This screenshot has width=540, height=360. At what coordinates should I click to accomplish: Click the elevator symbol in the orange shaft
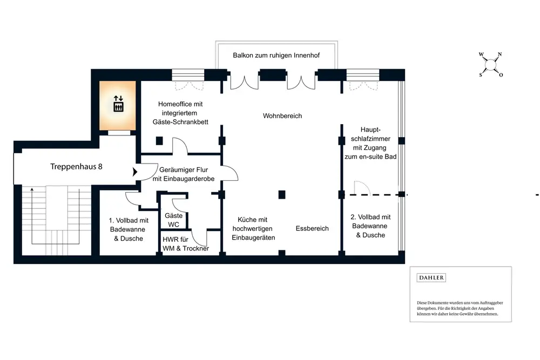tap(118, 104)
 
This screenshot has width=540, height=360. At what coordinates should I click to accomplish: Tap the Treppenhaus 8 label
tap(77, 167)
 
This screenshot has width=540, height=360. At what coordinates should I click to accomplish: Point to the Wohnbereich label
tap(282, 116)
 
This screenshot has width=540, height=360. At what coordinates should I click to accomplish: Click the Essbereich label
tap(312, 228)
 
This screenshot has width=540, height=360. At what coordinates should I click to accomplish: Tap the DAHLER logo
tap(431, 277)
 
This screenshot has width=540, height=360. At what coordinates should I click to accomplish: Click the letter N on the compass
tap(500, 55)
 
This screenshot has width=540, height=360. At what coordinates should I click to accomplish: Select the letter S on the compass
tap(481, 75)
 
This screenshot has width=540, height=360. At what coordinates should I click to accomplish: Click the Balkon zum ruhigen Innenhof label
tap(276, 55)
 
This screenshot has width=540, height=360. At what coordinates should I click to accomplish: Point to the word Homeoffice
tap(177, 104)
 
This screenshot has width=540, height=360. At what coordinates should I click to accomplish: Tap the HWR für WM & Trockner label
tap(186, 244)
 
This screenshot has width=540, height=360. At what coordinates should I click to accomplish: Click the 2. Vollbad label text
tap(371, 217)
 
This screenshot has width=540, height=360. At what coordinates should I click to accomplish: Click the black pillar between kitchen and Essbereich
tap(282, 194)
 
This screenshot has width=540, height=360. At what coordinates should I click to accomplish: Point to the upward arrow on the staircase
tap(32, 190)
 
